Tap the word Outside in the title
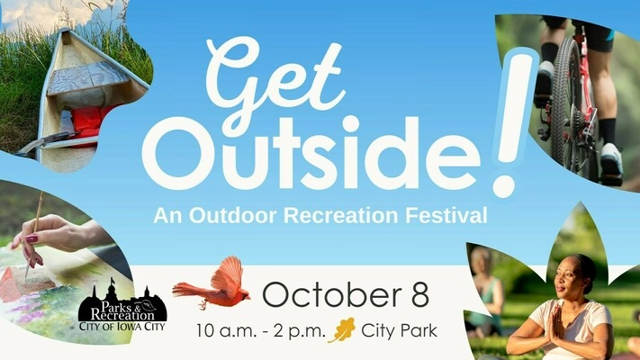point(311,154)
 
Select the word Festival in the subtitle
point(446,215)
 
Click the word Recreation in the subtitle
point(341,215)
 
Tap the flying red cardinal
point(212,284)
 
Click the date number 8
point(420,294)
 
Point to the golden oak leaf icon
point(342,329)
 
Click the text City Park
point(399,330)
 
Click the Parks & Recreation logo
point(122,306)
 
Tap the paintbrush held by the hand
point(33,234)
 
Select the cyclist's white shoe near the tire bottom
point(610,164)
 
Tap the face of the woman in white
point(568,278)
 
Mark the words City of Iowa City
point(122,326)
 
